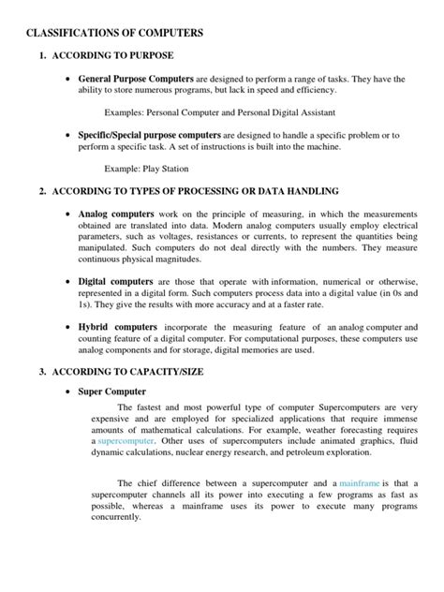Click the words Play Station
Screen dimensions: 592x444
(x=168, y=169)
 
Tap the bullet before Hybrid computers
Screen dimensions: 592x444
(x=68, y=327)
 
